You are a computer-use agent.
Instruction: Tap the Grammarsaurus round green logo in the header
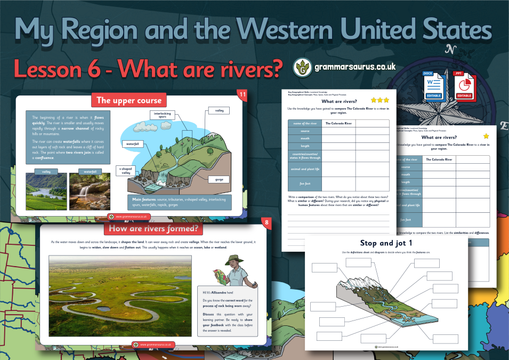[x=303, y=68]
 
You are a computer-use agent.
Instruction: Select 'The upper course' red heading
[x=128, y=100]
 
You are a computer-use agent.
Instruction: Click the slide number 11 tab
[x=243, y=95]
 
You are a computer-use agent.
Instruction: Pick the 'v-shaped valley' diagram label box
[x=126, y=171]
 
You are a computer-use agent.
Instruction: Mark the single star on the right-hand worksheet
[x=486, y=137]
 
